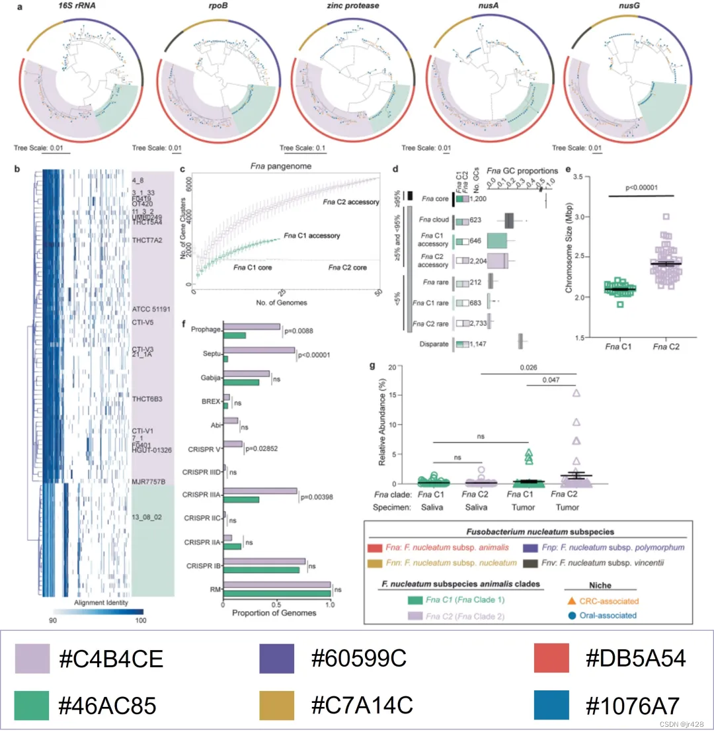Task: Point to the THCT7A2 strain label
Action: pyautogui.click(x=147, y=241)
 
